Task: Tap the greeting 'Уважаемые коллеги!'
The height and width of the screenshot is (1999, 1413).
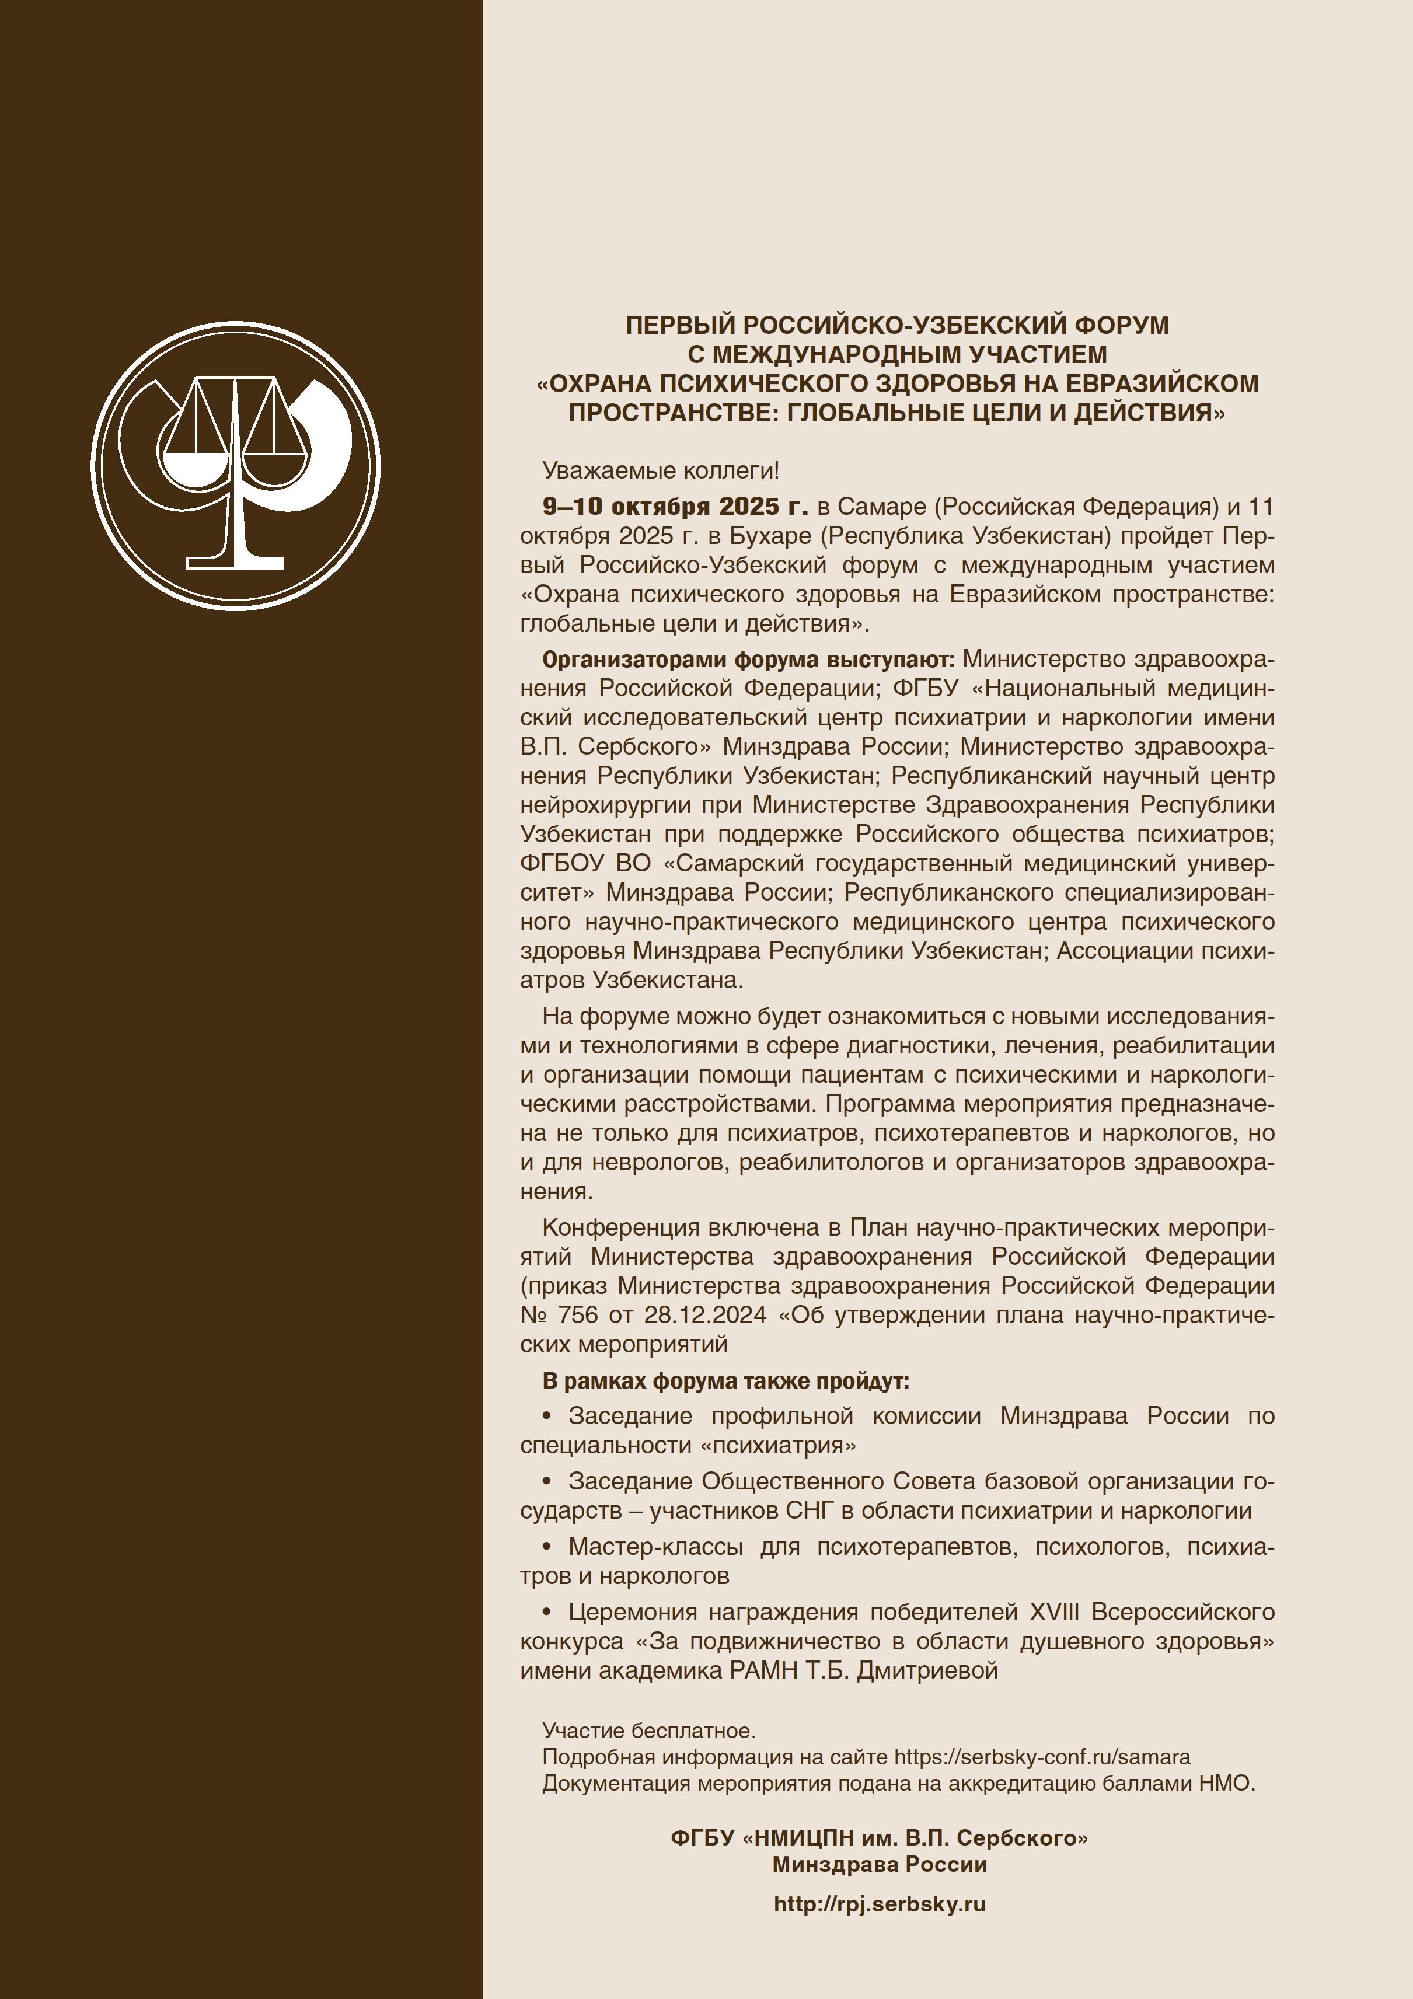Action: tap(660, 471)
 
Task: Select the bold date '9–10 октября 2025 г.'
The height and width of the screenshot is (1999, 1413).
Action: tap(675, 507)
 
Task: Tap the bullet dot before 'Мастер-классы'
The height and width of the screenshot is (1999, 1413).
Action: tap(547, 1547)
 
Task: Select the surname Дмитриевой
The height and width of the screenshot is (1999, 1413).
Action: tap(927, 1671)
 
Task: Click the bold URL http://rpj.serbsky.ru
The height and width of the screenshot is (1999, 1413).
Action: tap(880, 1904)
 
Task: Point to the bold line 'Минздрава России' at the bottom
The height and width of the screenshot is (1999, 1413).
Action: tap(880, 1864)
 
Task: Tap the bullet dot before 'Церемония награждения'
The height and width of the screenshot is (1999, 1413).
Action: tap(547, 1613)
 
